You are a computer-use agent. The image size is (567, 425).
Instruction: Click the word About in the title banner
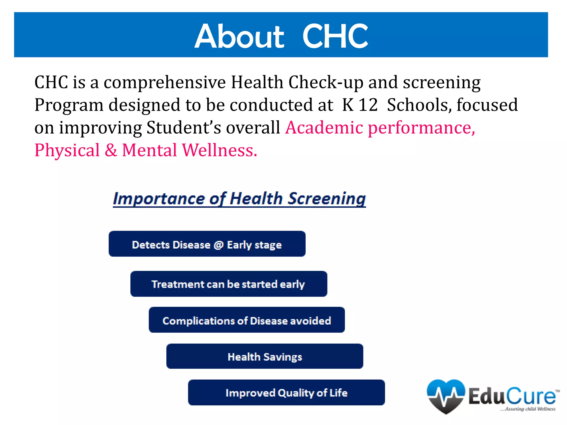(x=239, y=36)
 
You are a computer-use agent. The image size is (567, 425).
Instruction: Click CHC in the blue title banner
(x=335, y=36)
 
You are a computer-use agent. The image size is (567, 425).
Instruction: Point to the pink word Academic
(x=324, y=128)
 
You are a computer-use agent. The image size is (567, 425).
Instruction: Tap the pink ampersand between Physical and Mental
(x=111, y=151)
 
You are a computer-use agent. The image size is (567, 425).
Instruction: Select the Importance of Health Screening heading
(x=239, y=199)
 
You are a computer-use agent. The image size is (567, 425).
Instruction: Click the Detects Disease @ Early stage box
(x=207, y=244)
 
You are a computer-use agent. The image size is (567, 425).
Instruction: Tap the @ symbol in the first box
(x=218, y=245)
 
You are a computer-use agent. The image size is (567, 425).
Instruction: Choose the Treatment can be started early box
(x=229, y=284)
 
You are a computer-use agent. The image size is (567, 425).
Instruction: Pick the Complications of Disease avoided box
(x=247, y=320)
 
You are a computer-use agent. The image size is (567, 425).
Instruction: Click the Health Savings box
(x=265, y=356)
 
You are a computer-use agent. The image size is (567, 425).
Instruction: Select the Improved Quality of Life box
(x=286, y=393)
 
